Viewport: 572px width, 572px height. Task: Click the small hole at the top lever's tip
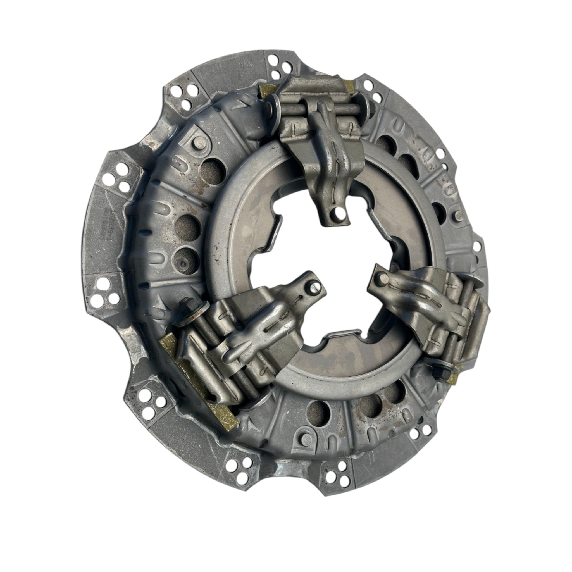click(335, 212)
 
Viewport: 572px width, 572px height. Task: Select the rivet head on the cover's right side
click(458, 214)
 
